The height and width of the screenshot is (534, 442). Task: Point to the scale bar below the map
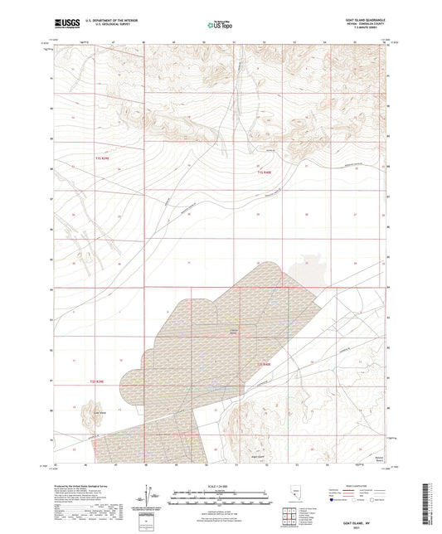(x=221, y=498)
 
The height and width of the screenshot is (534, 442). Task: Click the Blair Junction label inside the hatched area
(x=233, y=331)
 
